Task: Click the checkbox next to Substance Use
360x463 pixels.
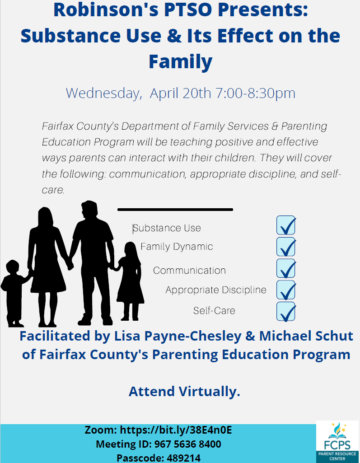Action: [x=285, y=225]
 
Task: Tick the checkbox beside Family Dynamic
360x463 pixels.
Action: [x=285, y=247]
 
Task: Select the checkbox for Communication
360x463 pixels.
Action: [x=285, y=268]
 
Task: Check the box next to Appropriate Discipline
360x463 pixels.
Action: [x=285, y=290]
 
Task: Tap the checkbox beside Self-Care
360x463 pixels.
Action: [x=285, y=312]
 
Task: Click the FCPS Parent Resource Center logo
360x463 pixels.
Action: [x=337, y=442]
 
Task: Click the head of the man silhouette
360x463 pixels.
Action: [x=89, y=210]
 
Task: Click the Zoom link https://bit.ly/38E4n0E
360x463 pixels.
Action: [x=176, y=430]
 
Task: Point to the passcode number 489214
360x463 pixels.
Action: [x=184, y=458]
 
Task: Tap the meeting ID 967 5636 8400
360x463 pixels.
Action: [x=187, y=444]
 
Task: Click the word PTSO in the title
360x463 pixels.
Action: [x=188, y=9]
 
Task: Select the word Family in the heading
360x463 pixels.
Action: [x=180, y=62]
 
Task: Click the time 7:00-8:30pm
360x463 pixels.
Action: [x=256, y=94]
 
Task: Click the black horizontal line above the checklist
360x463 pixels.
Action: [x=175, y=210]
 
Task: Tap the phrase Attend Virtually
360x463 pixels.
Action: [x=184, y=392]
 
